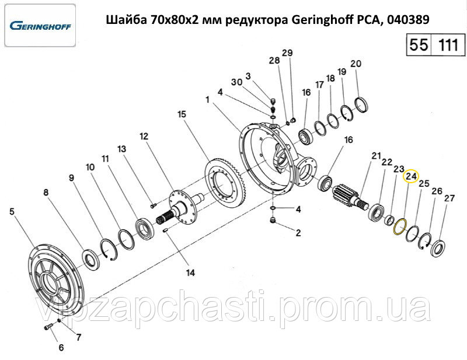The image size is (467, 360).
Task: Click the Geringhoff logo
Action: (40, 26)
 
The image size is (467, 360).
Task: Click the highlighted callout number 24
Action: (411, 176)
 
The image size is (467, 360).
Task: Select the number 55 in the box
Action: (419, 45)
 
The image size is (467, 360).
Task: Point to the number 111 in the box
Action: (448, 46)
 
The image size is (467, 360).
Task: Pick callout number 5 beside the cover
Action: (12, 212)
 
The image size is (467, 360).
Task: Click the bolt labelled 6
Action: (48, 327)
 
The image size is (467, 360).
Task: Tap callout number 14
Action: (190, 272)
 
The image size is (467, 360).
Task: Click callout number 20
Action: (356, 64)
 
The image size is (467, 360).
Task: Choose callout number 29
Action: (287, 53)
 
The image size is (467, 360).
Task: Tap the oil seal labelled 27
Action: (438, 248)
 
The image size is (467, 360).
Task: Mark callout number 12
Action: (144, 137)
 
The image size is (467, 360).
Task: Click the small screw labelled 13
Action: (154, 205)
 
